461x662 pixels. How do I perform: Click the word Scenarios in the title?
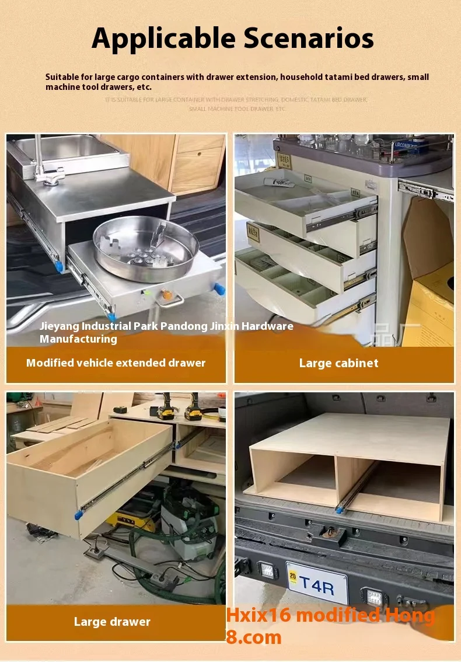pyautogui.click(x=308, y=39)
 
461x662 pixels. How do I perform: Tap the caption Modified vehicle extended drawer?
pyautogui.click(x=116, y=363)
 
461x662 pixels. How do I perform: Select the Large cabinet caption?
pyautogui.click(x=338, y=363)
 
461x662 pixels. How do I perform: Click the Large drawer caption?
pyautogui.click(x=112, y=622)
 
